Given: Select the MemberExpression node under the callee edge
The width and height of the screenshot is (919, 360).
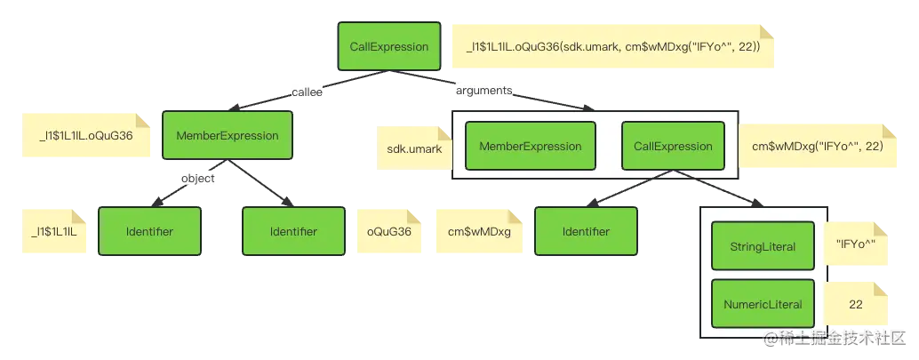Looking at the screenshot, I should (228, 136).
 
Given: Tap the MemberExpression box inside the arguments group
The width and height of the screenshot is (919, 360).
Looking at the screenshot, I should (530, 147).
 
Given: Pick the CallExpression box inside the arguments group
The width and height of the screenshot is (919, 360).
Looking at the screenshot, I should (673, 147).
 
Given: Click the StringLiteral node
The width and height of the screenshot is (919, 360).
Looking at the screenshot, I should (762, 246).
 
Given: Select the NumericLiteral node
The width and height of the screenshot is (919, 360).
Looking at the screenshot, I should (762, 304).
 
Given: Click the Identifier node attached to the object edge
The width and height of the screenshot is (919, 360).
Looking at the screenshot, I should (149, 232).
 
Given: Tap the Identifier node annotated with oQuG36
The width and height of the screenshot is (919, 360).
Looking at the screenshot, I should (293, 232).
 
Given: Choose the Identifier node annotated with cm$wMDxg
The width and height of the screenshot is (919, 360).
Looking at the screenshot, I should (585, 232).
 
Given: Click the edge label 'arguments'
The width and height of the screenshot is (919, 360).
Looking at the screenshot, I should (484, 91).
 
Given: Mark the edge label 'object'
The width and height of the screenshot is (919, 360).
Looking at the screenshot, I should (198, 178).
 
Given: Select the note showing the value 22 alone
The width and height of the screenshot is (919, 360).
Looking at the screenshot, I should (856, 304).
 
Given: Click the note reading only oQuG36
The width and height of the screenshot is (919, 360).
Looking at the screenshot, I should (388, 232).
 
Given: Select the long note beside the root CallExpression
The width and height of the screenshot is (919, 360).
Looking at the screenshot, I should (612, 47).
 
